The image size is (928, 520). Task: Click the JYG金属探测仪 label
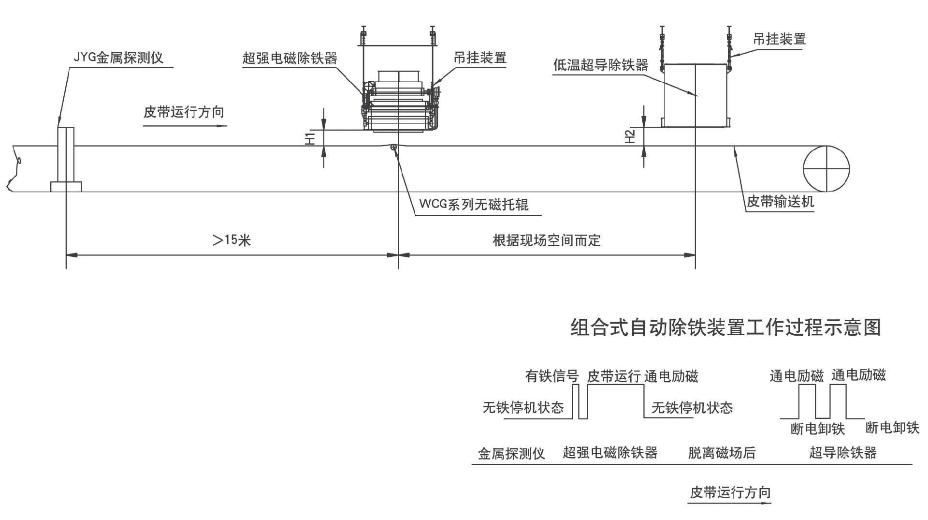point(118,58)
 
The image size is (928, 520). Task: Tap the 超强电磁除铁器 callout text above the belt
point(290,59)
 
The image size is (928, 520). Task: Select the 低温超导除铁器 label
point(600,65)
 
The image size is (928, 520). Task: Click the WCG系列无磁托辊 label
point(474,205)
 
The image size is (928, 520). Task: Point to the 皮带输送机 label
point(780,202)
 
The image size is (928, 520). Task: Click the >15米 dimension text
point(232,240)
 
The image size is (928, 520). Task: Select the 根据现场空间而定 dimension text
point(547,240)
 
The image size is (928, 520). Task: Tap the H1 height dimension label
point(310,138)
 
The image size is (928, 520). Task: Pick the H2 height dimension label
point(630,137)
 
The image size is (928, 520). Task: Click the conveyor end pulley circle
point(826,169)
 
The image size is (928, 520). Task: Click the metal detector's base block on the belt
point(66,186)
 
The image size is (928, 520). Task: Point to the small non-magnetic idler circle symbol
point(394,147)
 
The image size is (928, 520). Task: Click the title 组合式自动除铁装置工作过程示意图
point(725,327)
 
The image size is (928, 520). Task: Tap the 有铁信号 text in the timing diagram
point(552,376)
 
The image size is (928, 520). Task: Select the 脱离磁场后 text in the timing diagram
point(722,453)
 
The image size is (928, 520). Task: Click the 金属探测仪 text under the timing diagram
point(511,454)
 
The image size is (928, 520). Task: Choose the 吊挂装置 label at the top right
point(779,39)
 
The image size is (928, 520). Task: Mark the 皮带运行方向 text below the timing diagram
point(730,493)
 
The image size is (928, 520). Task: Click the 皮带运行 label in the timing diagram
point(614,376)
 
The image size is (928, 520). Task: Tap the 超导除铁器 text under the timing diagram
point(842,453)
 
